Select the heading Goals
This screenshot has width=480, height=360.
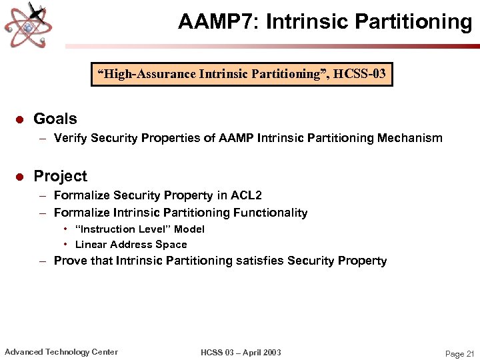55,119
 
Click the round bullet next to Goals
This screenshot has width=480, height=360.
19,119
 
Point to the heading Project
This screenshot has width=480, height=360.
60,176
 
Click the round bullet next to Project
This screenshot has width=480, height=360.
19,177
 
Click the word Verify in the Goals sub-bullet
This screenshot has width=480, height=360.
71,138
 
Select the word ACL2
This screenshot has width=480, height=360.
246,195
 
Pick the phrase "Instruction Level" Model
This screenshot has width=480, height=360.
140,229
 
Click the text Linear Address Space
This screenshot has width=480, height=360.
131,244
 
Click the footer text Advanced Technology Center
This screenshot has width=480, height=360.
61,352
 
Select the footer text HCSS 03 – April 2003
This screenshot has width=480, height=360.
241,352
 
